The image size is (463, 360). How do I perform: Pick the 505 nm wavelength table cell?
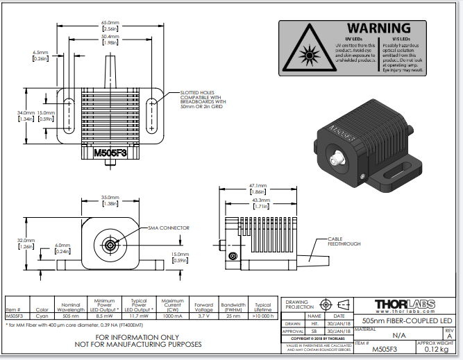click(x=70, y=315)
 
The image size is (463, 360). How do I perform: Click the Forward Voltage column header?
click(x=203, y=306)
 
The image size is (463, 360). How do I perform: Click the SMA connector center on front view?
click(x=110, y=244)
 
